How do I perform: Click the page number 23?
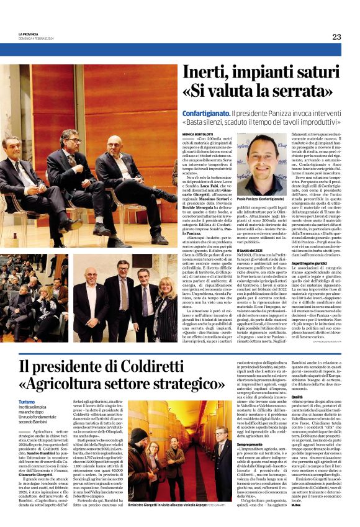[x=336, y=37]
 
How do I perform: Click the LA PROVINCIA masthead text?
[x=29, y=34]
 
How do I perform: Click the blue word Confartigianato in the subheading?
[x=205, y=114]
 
